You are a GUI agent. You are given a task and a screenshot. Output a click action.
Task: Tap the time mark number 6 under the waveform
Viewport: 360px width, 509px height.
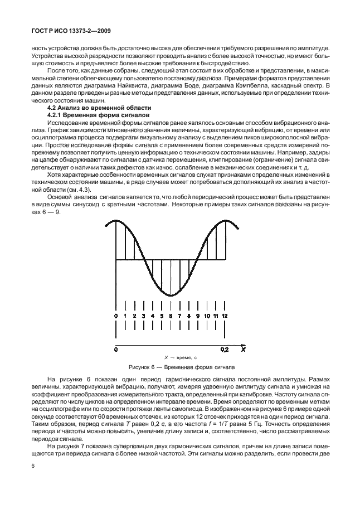point(171,317)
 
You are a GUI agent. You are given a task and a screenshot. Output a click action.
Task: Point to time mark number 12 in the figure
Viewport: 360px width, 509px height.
point(225,317)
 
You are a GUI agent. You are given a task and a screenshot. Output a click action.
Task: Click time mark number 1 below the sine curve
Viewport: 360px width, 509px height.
point(125,317)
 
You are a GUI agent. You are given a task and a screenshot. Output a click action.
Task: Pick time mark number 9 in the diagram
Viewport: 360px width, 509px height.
point(198,317)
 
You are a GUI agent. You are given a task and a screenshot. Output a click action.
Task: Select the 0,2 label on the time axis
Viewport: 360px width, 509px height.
point(225,350)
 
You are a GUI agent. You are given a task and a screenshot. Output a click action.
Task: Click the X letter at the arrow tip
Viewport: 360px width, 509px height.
point(244,350)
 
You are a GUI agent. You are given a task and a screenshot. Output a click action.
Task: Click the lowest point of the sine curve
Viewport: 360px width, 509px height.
point(171,295)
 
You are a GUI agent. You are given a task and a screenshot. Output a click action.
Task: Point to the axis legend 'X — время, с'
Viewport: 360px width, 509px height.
point(180,357)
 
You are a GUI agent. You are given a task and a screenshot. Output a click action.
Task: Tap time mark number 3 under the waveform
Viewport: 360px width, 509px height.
point(144,317)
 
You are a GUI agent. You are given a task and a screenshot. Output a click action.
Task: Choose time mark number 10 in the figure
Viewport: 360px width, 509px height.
point(207,317)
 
